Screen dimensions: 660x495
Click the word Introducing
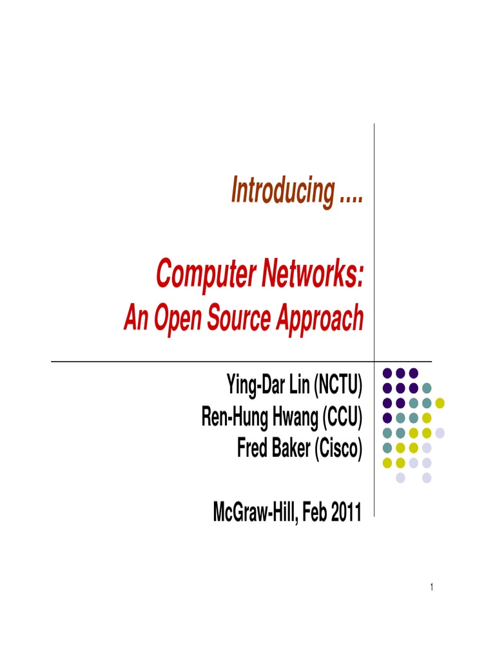click(278, 191)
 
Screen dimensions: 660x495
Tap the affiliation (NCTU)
click(338, 387)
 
